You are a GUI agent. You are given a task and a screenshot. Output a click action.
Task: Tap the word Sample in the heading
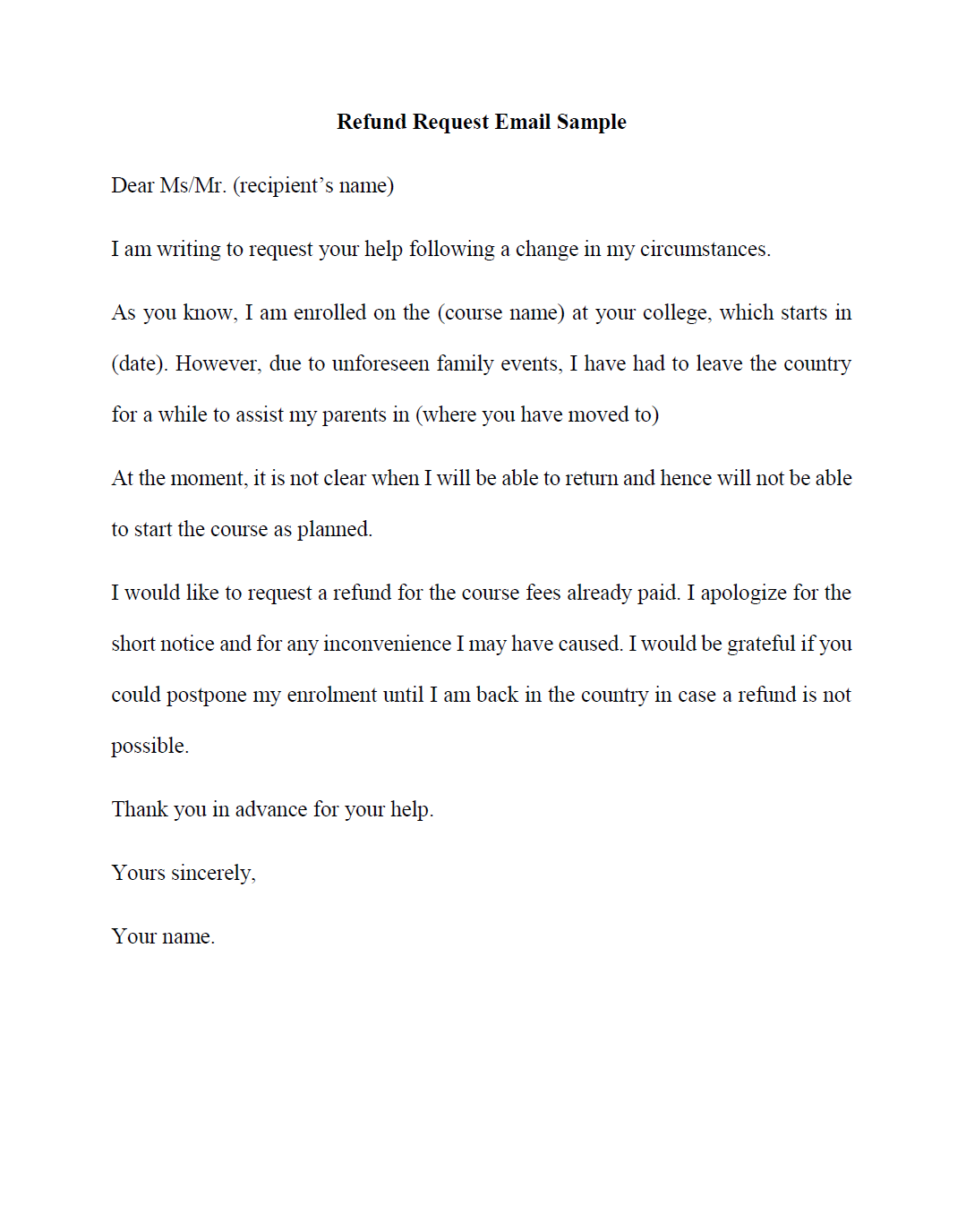pyautogui.click(x=592, y=122)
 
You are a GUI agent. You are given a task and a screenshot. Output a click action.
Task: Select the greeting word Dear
pyautogui.click(x=133, y=185)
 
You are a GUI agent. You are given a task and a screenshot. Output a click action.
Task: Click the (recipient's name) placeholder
pyautogui.click(x=313, y=185)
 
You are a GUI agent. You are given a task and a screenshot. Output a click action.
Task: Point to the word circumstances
pyautogui.click(x=705, y=249)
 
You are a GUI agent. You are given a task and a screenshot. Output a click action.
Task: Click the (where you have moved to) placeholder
pyautogui.click(x=537, y=414)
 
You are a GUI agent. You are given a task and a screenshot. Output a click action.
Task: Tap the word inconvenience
pyautogui.click(x=387, y=644)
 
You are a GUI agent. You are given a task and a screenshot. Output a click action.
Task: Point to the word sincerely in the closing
pyautogui.click(x=213, y=873)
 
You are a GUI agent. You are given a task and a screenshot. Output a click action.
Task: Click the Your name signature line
pyautogui.click(x=163, y=936)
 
